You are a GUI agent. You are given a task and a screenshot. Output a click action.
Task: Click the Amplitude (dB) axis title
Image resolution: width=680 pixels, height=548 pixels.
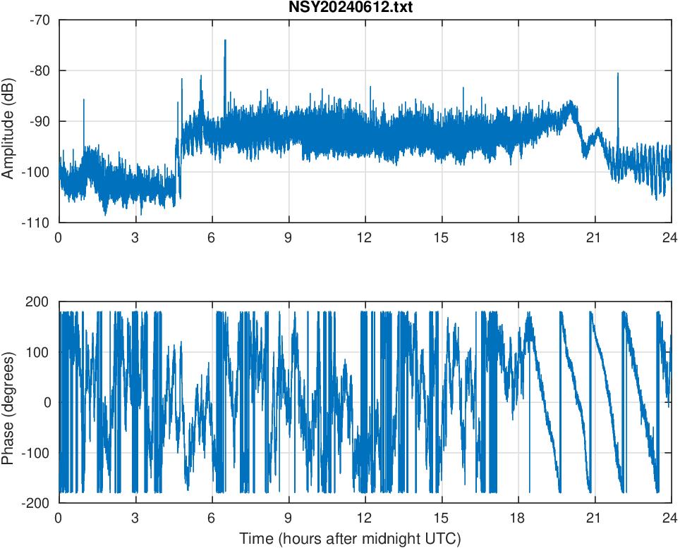point(8,121)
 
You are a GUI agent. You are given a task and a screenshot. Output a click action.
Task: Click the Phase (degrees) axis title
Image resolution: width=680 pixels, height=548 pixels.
point(8,402)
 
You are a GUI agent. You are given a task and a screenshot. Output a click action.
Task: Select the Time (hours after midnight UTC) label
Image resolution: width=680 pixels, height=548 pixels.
point(350,539)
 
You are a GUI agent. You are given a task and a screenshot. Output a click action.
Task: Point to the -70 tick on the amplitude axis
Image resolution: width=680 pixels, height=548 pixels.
point(40,20)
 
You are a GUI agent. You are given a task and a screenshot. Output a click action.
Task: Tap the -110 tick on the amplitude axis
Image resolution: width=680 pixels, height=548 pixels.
point(37,223)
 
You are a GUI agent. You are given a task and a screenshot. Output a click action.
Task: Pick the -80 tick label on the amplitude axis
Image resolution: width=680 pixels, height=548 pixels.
point(40,70)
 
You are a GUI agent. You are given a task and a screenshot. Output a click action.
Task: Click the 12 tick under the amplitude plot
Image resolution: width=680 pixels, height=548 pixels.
point(365,237)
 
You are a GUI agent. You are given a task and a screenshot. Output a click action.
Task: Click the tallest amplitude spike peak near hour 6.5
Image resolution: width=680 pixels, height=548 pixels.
point(225,40)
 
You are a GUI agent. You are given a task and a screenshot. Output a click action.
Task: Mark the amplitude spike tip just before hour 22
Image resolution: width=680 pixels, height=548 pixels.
point(618,73)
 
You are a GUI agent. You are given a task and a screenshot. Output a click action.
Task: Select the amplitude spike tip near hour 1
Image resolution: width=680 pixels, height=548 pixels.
point(84,100)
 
